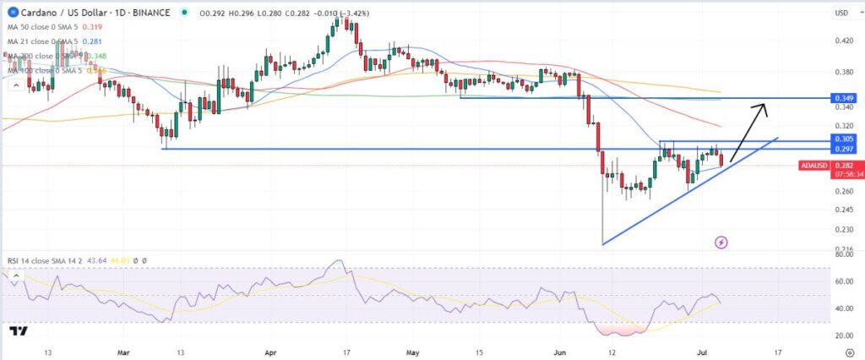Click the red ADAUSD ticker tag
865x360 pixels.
[813, 166]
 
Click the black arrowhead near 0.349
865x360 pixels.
[764, 106]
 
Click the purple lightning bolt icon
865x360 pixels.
[721, 243]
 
